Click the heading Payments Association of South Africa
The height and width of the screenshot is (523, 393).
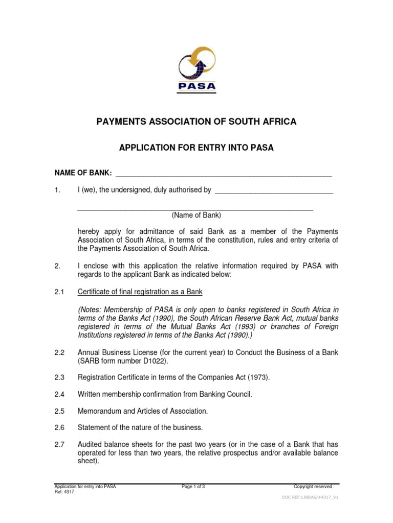pyautogui.click(x=196, y=122)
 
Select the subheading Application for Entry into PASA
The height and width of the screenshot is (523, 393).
pyautogui.click(x=196, y=148)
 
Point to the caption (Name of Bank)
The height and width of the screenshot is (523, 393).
pyautogui.click(x=196, y=215)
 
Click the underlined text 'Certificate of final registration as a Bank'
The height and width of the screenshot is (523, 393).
pyautogui.click(x=140, y=292)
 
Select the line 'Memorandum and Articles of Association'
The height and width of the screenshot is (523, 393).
pyautogui.click(x=143, y=411)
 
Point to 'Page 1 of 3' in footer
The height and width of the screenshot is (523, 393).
pyautogui.click(x=193, y=487)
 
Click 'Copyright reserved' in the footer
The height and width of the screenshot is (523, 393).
pyautogui.click(x=313, y=487)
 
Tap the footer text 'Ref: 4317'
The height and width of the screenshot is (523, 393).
pyautogui.click(x=64, y=492)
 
